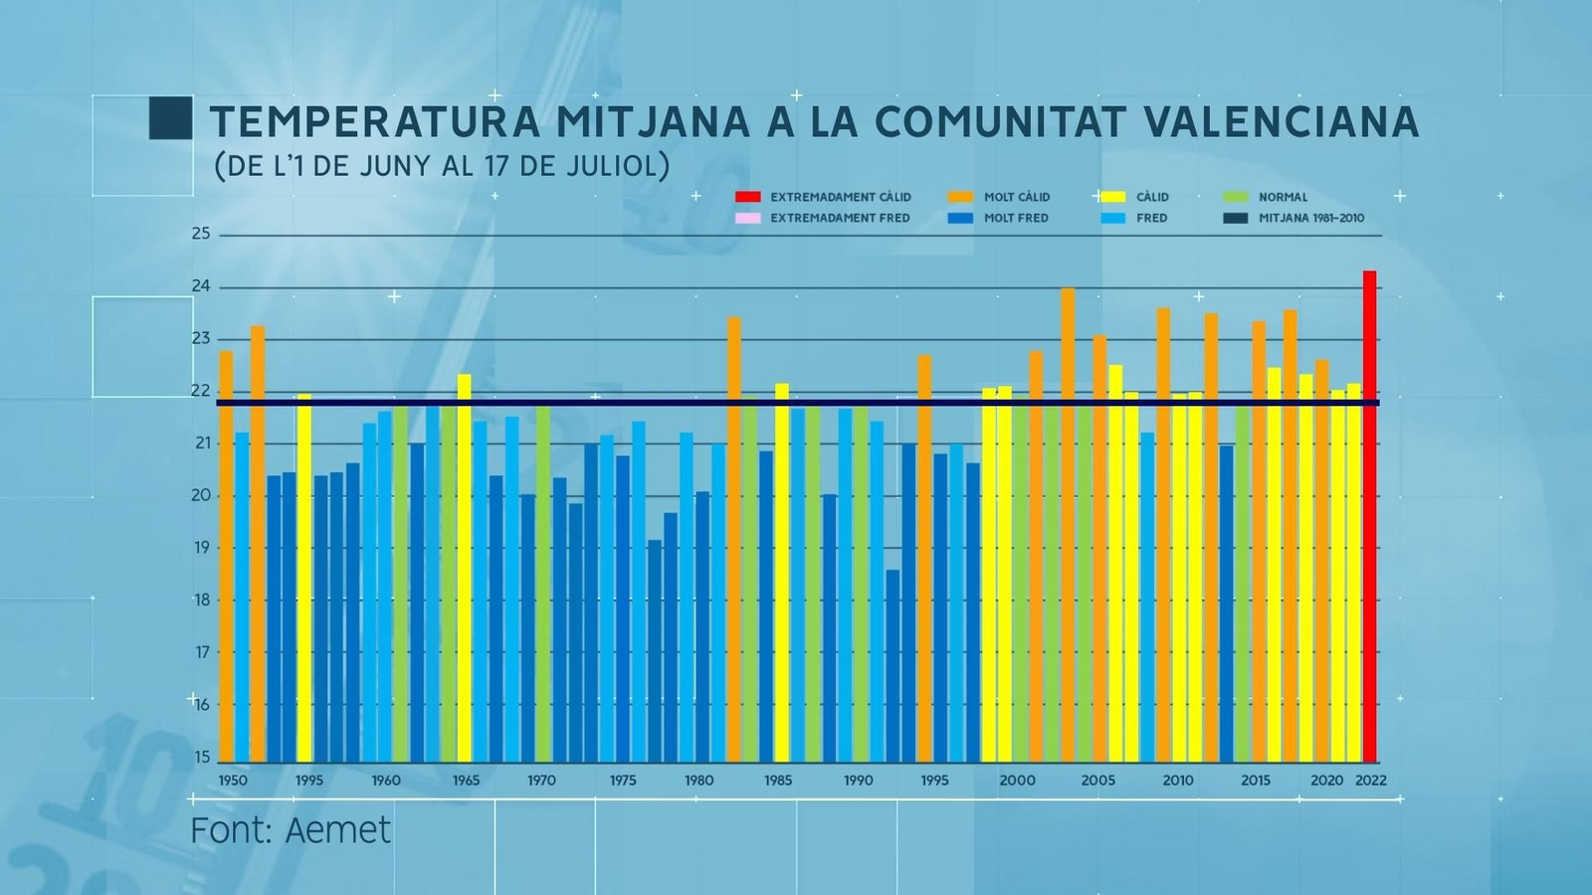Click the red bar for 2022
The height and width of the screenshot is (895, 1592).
click(1370, 517)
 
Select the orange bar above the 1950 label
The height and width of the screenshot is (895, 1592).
click(226, 557)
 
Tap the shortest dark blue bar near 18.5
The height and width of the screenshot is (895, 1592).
click(893, 666)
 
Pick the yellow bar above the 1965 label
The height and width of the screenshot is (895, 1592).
click(464, 567)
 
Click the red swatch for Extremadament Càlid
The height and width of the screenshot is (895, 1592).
click(747, 197)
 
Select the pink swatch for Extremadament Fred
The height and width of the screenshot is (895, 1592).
click(747, 218)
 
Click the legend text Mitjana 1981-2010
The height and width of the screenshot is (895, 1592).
click(1311, 218)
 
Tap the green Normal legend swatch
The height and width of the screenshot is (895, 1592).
click(1236, 197)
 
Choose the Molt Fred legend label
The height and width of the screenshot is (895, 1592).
click(1016, 218)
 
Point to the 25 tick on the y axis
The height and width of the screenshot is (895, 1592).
click(202, 234)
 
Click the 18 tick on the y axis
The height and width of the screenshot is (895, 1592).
click(202, 600)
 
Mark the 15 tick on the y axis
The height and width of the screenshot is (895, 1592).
click(202, 757)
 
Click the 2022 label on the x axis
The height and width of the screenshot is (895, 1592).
click(1370, 781)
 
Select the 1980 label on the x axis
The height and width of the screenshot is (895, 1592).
click(699, 781)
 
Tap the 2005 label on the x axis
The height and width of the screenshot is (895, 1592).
click(1098, 781)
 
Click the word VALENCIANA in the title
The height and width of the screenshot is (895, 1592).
click(1282, 121)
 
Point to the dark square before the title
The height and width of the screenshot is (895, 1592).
click(170, 117)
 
